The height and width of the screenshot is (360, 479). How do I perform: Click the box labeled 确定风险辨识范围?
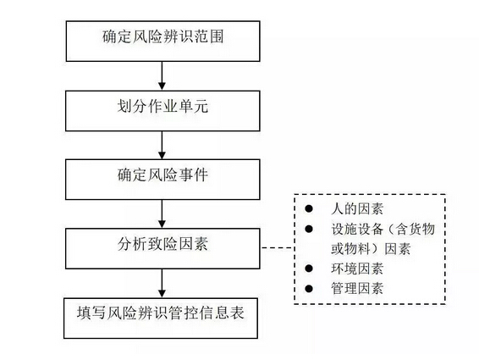click(162, 41)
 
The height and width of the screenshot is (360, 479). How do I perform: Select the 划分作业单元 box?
click(162, 111)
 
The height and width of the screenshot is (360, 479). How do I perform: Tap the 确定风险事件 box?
click(162, 180)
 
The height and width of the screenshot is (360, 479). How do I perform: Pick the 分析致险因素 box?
click(162, 249)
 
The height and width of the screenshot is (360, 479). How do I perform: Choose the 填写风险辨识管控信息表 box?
click(161, 318)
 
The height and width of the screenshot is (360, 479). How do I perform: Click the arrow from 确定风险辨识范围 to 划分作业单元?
click(162, 76)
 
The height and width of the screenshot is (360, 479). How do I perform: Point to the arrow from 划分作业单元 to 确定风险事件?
click(162, 146)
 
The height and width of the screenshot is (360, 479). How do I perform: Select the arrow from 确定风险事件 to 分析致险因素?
click(162, 214)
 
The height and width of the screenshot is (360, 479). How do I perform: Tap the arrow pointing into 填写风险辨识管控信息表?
click(162, 284)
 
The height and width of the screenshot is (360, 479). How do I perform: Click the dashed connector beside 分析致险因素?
click(278, 247)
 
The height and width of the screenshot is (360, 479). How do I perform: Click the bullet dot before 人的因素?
click(309, 208)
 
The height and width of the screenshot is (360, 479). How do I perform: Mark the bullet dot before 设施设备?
click(309, 229)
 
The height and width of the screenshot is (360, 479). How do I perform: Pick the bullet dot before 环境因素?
click(309, 269)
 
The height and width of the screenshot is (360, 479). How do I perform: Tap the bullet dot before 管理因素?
click(309, 289)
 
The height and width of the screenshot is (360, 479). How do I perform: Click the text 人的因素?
click(357, 209)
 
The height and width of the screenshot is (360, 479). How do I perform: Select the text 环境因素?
click(357, 269)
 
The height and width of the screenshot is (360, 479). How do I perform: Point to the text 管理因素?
click(357, 289)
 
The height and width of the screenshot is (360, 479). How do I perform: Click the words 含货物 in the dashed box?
click(416, 229)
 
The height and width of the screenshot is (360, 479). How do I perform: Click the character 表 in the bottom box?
click(237, 313)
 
